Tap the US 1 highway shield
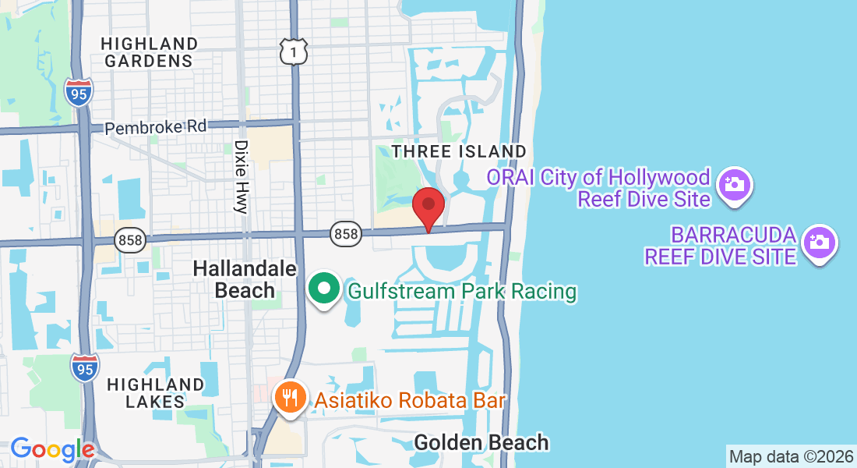(294, 51)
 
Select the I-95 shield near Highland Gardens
(79, 91)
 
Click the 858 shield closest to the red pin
(345, 233)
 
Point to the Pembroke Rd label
(157, 127)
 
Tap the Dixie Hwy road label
(241, 176)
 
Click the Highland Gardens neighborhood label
(150, 51)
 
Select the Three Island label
(459, 151)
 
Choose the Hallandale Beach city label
(245, 279)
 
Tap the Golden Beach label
(481, 443)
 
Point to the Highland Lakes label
(155, 393)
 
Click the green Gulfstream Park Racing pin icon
(323, 289)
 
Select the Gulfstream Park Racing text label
(462, 292)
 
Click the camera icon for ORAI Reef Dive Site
(733, 185)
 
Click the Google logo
(51, 449)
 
